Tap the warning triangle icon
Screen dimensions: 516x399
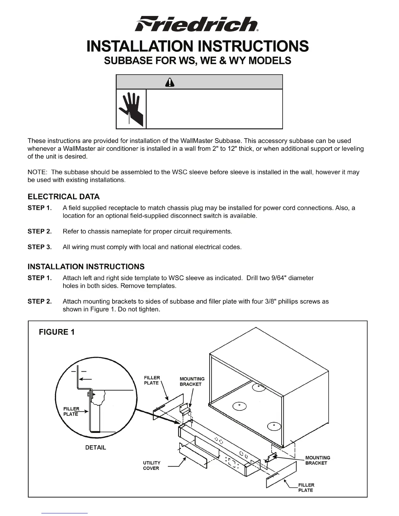tap(170, 83)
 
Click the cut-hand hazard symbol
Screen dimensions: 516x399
tap(131, 109)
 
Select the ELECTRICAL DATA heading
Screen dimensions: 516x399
tap(64, 197)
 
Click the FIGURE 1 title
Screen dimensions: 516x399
tap(57, 332)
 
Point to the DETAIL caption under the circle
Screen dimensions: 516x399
tap(96, 448)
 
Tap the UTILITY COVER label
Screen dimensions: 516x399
tap(152, 466)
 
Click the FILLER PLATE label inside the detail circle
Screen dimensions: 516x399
tap(71, 411)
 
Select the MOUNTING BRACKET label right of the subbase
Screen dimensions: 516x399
tap(318, 460)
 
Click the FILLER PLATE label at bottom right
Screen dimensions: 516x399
tap(306, 487)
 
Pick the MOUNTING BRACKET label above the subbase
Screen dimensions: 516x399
tap(192, 381)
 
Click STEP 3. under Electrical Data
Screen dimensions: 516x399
tap(40, 247)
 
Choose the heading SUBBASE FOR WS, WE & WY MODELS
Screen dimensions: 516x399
tap(197, 61)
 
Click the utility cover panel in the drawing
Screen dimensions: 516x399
tap(193, 456)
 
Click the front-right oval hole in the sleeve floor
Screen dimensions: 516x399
tap(274, 426)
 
